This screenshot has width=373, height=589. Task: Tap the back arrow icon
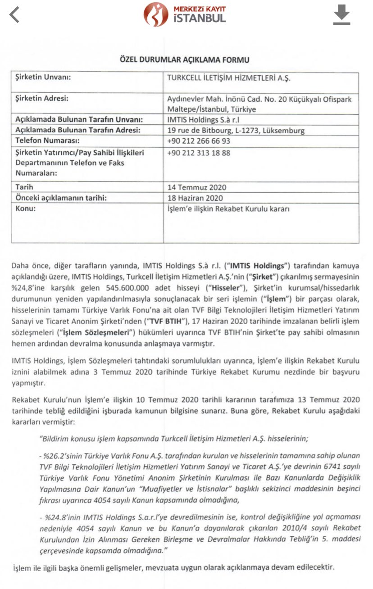[15, 14]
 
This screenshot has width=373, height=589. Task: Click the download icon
[341, 15]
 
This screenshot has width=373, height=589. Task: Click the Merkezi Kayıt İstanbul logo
[185, 14]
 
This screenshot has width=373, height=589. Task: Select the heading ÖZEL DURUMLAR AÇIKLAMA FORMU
[184, 59]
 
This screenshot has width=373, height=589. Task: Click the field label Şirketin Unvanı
[44, 77]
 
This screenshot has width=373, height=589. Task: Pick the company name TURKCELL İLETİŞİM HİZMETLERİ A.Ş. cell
[229, 77]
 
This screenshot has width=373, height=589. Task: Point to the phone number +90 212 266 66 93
[199, 141]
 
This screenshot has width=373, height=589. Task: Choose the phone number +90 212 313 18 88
[199, 153]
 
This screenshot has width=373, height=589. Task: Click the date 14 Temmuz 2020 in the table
[197, 187]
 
